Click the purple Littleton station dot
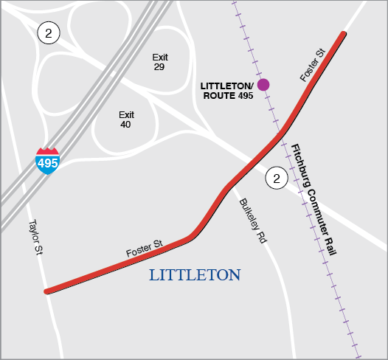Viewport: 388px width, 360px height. pyautogui.click(x=263, y=85)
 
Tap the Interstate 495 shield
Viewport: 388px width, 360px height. pyautogui.click(x=48, y=161)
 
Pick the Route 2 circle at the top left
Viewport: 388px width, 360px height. pyautogui.click(x=49, y=33)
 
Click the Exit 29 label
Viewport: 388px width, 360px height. pyautogui.click(x=160, y=62)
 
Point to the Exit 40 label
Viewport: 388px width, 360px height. pyautogui.click(x=127, y=120)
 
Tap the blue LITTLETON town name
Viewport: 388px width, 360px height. pyautogui.click(x=195, y=275)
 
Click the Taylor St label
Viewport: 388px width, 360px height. pyautogui.click(x=35, y=238)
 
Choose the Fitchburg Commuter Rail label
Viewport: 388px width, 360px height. pyautogui.click(x=314, y=199)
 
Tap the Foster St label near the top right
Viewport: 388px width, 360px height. pyautogui.click(x=313, y=66)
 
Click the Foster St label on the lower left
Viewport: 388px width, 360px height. pyautogui.click(x=144, y=248)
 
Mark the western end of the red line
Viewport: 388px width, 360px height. pyautogui.click(x=46, y=291)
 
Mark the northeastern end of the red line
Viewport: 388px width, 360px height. pyautogui.click(x=343, y=34)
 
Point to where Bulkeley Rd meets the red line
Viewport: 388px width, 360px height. pyautogui.click(x=231, y=184)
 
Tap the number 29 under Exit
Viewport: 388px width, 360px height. pyautogui.click(x=159, y=67)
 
